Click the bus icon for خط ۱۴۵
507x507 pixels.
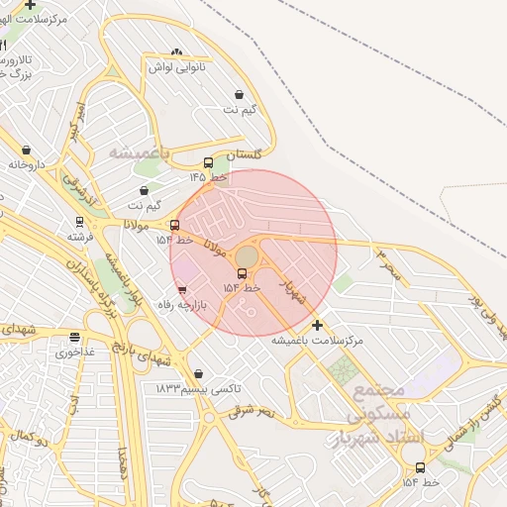click(x=208, y=163)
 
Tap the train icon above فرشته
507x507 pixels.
click(x=79, y=222)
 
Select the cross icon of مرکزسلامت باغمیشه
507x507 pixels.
click(x=317, y=325)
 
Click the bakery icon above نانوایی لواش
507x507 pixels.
click(x=176, y=52)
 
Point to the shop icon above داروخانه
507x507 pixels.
click(x=26, y=151)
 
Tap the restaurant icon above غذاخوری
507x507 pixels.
click(x=74, y=337)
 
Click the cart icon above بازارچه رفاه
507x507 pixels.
click(x=181, y=290)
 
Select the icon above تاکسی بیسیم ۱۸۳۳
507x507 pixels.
click(x=201, y=373)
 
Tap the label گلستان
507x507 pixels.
click(x=246, y=155)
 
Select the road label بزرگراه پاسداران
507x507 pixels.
click(x=89, y=287)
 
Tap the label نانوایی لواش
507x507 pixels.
click(x=175, y=67)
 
